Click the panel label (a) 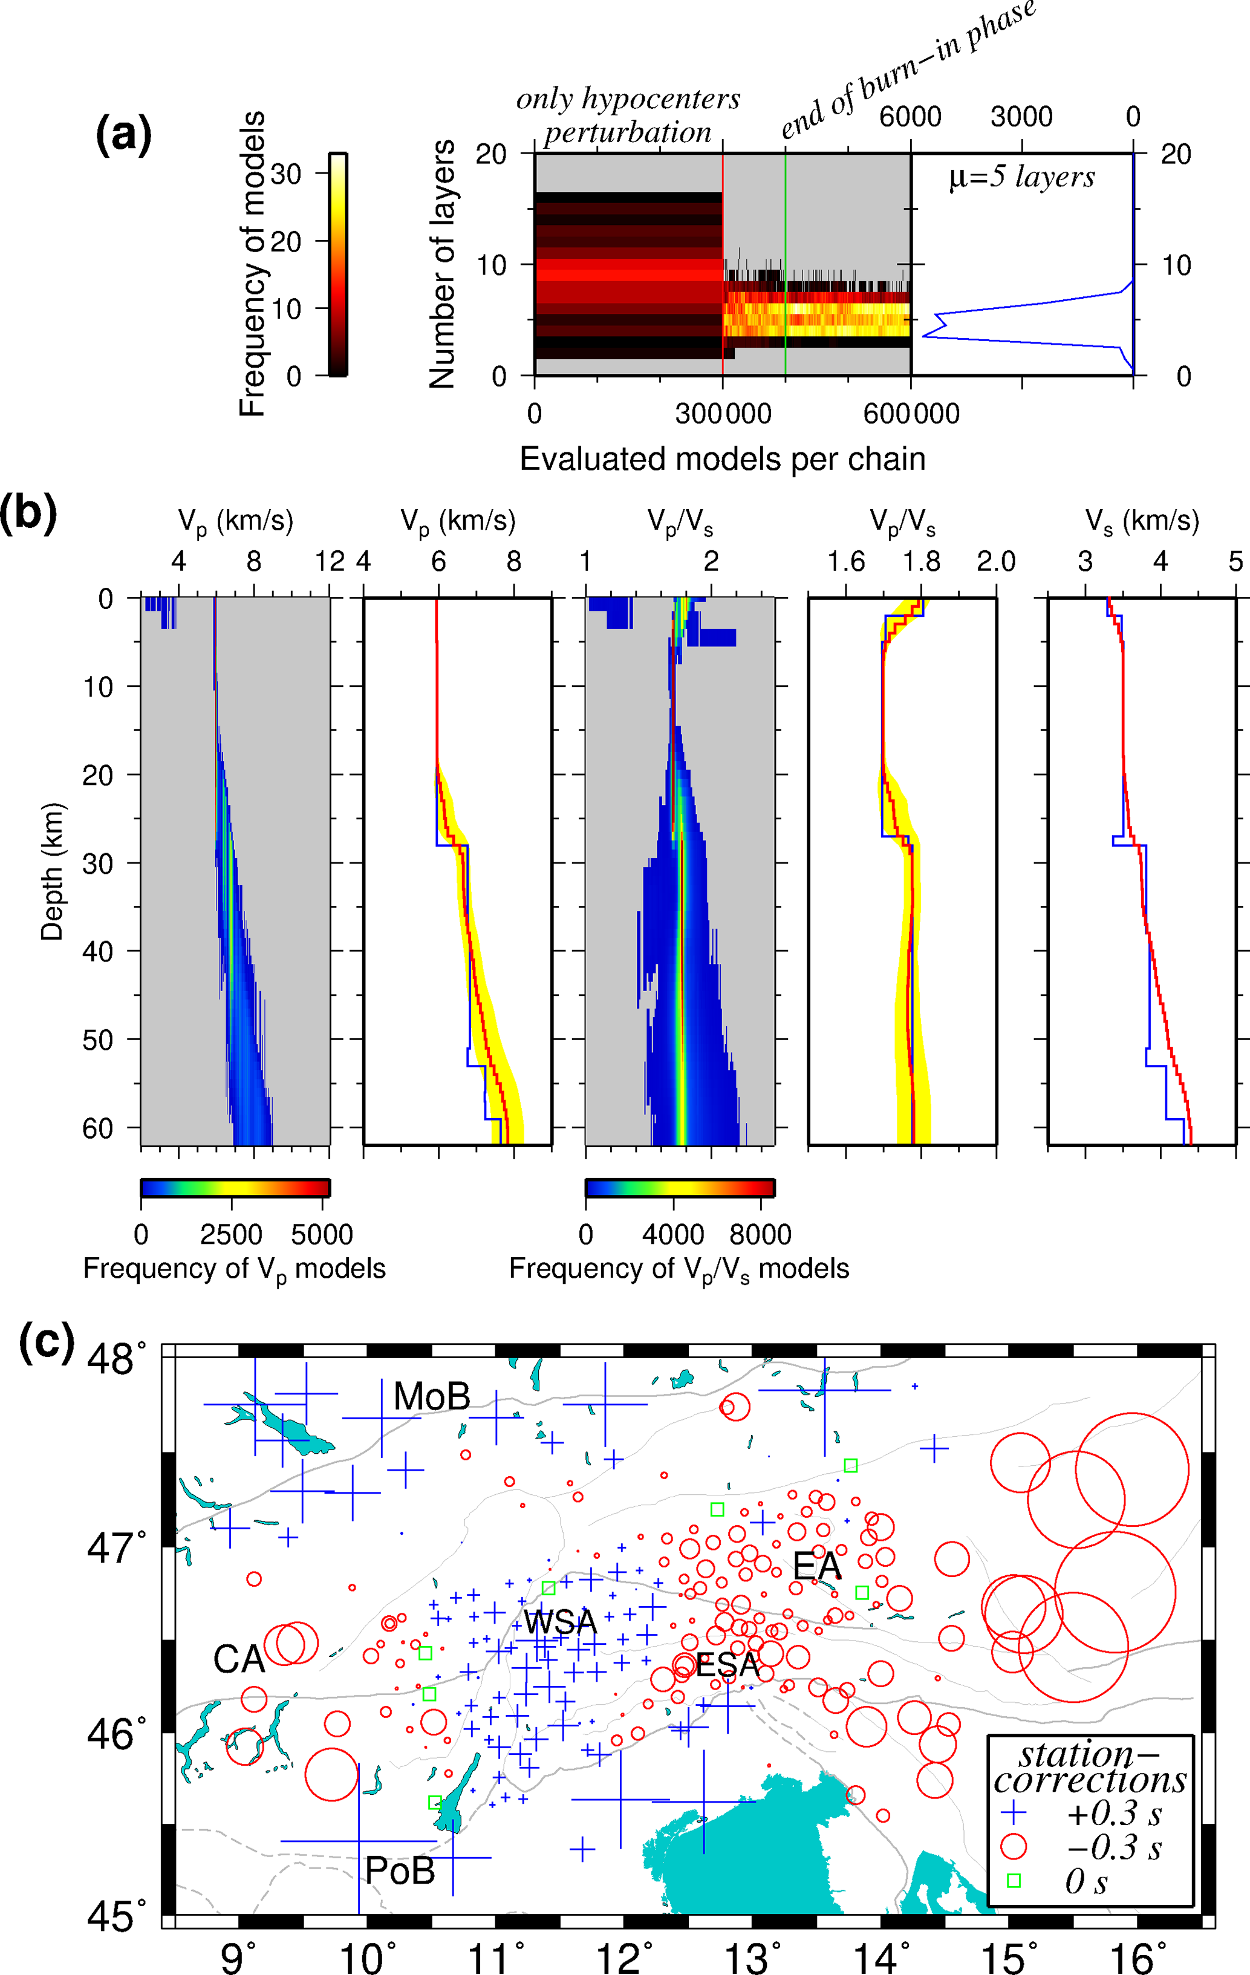pos(123,134)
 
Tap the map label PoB pos(400,1871)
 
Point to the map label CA pos(239,1659)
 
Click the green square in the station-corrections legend pos(1014,1881)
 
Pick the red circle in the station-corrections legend pos(1014,1846)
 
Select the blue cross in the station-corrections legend pos(1014,1812)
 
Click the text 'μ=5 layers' pos(1021,177)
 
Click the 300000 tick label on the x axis pos(723,414)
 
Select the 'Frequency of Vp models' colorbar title pos(234,1269)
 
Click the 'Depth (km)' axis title pos(51,871)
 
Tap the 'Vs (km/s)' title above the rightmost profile pos(1142,522)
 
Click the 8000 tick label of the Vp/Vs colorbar pos(760,1234)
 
